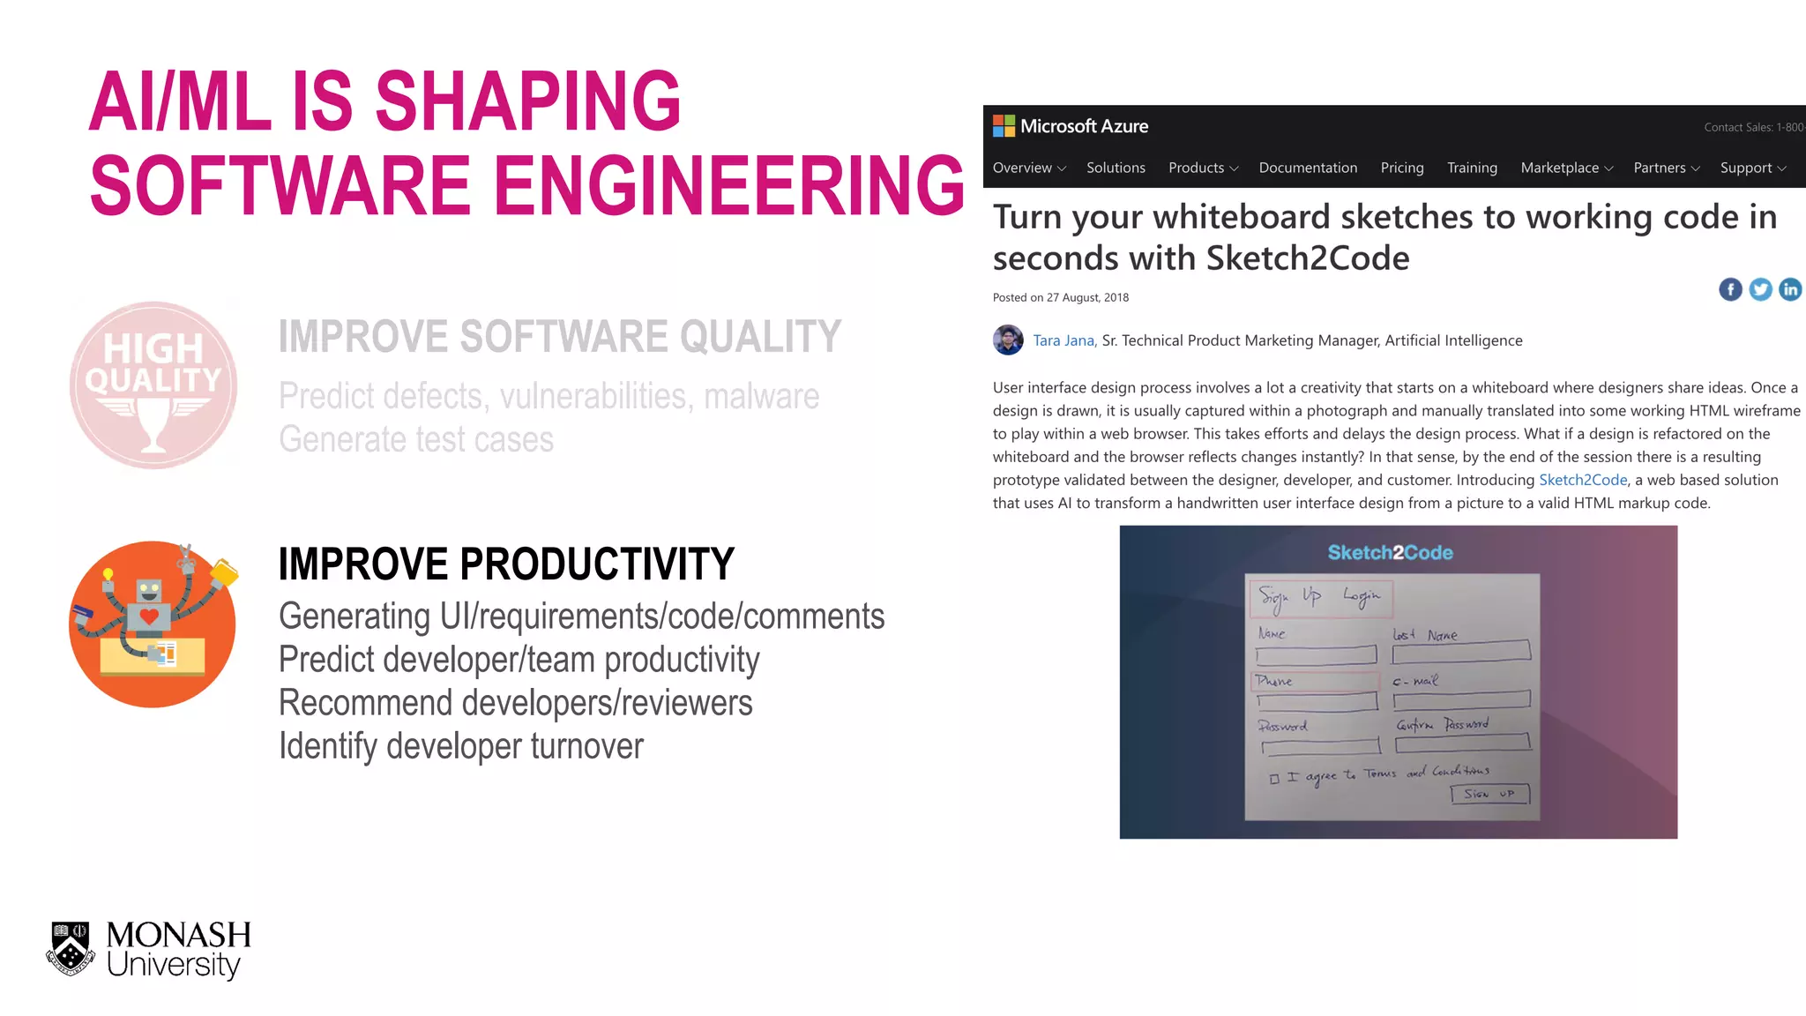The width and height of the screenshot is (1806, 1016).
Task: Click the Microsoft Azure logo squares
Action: (x=1004, y=126)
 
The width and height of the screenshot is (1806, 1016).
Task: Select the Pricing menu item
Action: (x=1401, y=168)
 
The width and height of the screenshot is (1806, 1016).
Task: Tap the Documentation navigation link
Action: (x=1307, y=168)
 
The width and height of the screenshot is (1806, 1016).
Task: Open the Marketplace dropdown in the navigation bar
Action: (x=1566, y=168)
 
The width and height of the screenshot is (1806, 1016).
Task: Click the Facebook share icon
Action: (x=1730, y=289)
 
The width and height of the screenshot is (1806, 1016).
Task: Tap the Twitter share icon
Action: (x=1760, y=289)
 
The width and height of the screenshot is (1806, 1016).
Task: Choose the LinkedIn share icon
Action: (x=1790, y=289)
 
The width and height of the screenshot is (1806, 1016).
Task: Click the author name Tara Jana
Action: (x=1063, y=340)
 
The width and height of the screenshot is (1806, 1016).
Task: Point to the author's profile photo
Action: (x=1008, y=340)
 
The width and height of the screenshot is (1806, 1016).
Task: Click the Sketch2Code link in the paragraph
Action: (x=1582, y=480)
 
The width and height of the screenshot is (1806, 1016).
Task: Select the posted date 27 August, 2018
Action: (x=1086, y=298)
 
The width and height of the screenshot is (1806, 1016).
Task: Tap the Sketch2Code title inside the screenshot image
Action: (x=1390, y=553)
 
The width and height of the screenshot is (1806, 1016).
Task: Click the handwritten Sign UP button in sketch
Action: (x=1489, y=794)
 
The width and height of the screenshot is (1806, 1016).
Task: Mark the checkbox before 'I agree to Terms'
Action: (x=1274, y=779)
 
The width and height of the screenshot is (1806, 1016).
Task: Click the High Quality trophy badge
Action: (x=153, y=385)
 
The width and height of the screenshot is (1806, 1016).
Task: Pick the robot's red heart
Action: (x=149, y=616)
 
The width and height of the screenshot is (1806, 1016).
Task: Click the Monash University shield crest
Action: (x=71, y=948)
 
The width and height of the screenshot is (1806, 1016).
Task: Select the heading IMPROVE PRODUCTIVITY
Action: (x=506, y=564)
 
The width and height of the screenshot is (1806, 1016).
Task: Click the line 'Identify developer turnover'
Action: (x=460, y=746)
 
